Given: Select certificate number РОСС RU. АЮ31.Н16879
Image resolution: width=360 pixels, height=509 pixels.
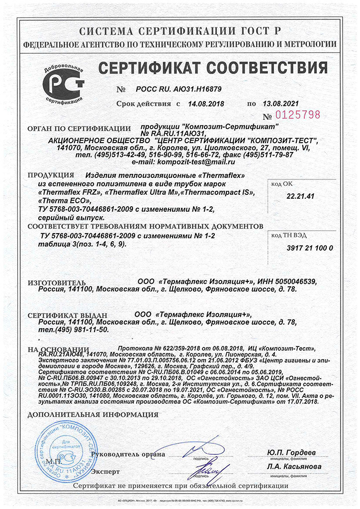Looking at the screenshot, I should pos(179,90).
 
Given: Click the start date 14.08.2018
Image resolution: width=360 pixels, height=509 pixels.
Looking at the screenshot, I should pos(206,104).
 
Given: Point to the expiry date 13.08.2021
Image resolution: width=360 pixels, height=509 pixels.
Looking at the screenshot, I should pos(281,104).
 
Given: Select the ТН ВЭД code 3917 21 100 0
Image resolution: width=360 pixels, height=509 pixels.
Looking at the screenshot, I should pos(310,248).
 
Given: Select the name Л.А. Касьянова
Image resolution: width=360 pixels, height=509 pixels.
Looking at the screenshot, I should pos(293,467).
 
